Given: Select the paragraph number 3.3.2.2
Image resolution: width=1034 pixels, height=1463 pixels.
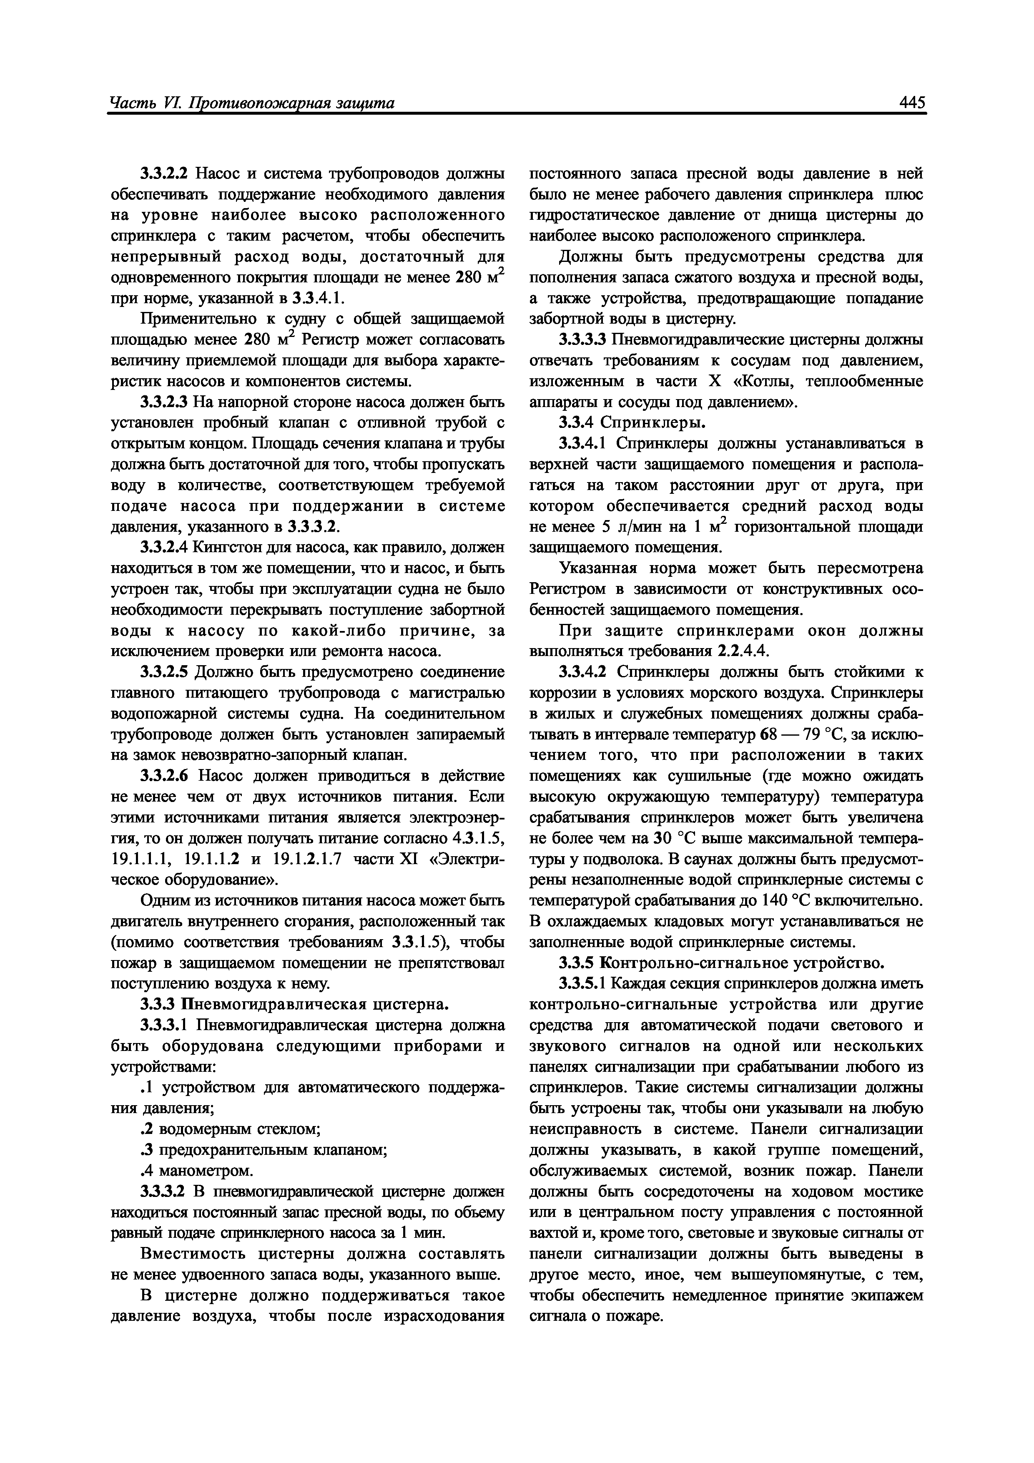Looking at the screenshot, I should click(x=165, y=174).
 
